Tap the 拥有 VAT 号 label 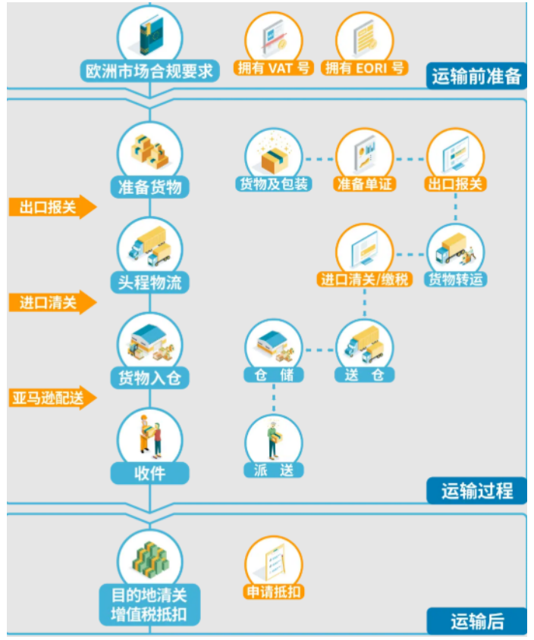coord(274,68)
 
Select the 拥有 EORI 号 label coord(365,68)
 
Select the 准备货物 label coord(150,187)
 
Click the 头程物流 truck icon coord(150,246)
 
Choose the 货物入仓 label coord(150,377)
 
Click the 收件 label coord(150,473)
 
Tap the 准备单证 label coord(365,183)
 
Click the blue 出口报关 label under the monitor coord(456,183)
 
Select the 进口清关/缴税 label coord(365,279)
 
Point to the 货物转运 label coord(456,279)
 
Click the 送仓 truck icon coord(365,345)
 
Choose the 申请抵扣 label coord(274,592)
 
